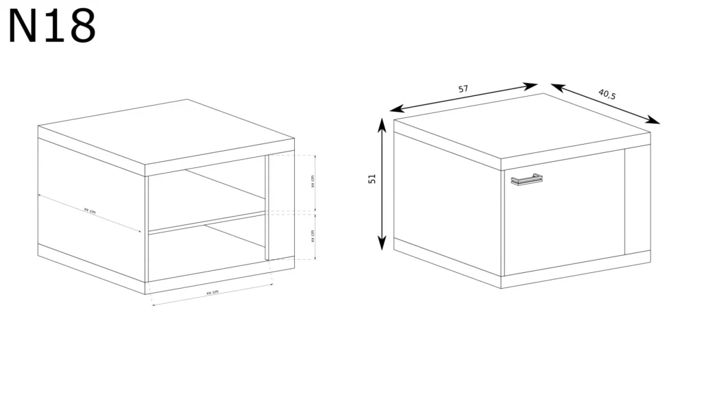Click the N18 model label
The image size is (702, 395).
coord(52,25)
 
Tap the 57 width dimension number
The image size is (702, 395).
coord(463,88)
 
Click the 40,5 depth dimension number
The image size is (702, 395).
coord(607,94)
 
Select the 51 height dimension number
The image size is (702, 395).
coord(372,179)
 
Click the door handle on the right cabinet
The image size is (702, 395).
coord(526,179)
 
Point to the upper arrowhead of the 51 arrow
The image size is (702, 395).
coord(381,125)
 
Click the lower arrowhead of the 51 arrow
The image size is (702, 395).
coord(381,243)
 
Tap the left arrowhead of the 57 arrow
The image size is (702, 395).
coord(397,109)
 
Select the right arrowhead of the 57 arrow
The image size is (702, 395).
coord(531,86)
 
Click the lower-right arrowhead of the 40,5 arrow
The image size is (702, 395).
coord(653,120)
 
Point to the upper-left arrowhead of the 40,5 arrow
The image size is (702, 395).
coord(558,86)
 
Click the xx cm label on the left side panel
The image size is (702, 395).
coord(90,211)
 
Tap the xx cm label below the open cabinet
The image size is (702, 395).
coord(213,292)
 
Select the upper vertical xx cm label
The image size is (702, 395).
coord(313,181)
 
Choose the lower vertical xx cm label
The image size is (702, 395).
coord(313,236)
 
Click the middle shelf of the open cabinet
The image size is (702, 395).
coord(207,223)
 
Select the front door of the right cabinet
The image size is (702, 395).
coord(564,213)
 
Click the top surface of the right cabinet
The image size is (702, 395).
coord(522,126)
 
